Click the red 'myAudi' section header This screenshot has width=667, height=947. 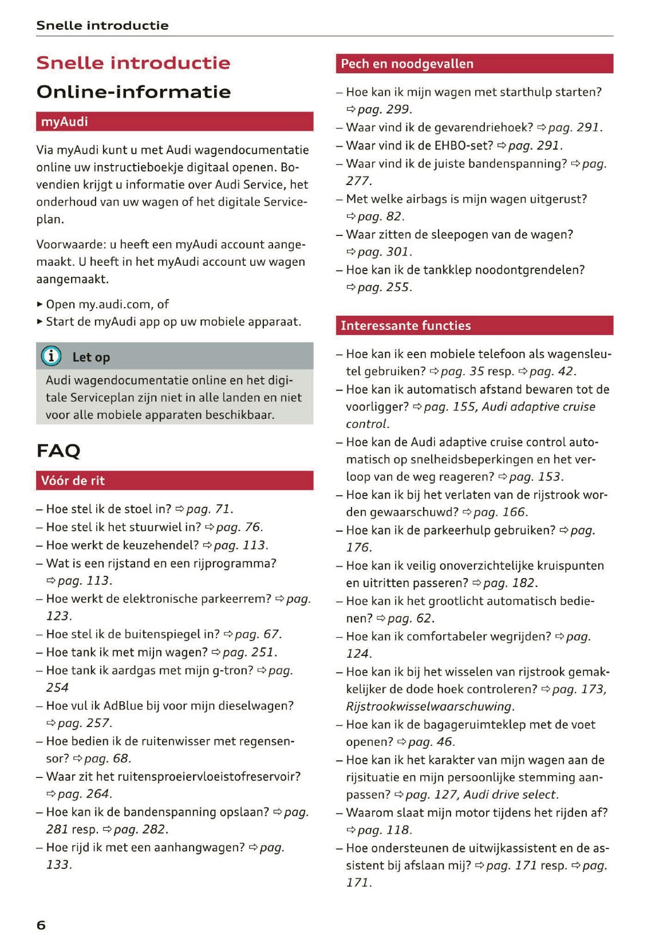(174, 121)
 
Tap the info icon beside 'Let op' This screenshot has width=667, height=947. (51, 356)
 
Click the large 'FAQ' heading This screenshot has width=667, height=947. (58, 451)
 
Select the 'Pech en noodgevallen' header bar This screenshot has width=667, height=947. (473, 64)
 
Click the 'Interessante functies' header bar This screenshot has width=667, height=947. (473, 325)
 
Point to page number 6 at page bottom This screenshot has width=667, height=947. (41, 925)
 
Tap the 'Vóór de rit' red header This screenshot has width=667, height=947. (174, 481)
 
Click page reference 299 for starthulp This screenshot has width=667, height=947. (397, 109)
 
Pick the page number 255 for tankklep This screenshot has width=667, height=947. (397, 287)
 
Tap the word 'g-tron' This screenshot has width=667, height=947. (232, 670)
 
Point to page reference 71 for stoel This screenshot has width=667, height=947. (222, 509)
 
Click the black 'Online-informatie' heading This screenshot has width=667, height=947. (133, 92)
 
